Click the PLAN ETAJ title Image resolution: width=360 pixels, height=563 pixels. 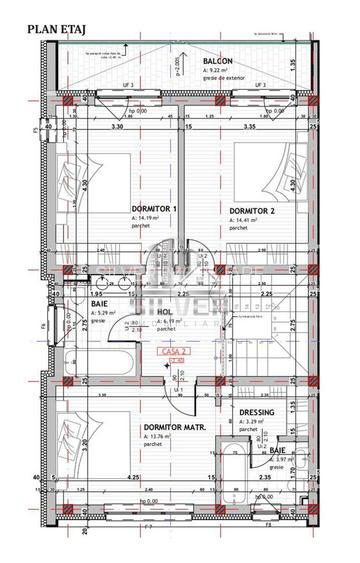pos(42,30)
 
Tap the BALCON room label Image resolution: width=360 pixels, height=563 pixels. pos(219,59)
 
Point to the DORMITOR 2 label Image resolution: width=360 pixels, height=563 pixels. pos(251,211)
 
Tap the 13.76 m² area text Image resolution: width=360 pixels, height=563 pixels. pos(160,437)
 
